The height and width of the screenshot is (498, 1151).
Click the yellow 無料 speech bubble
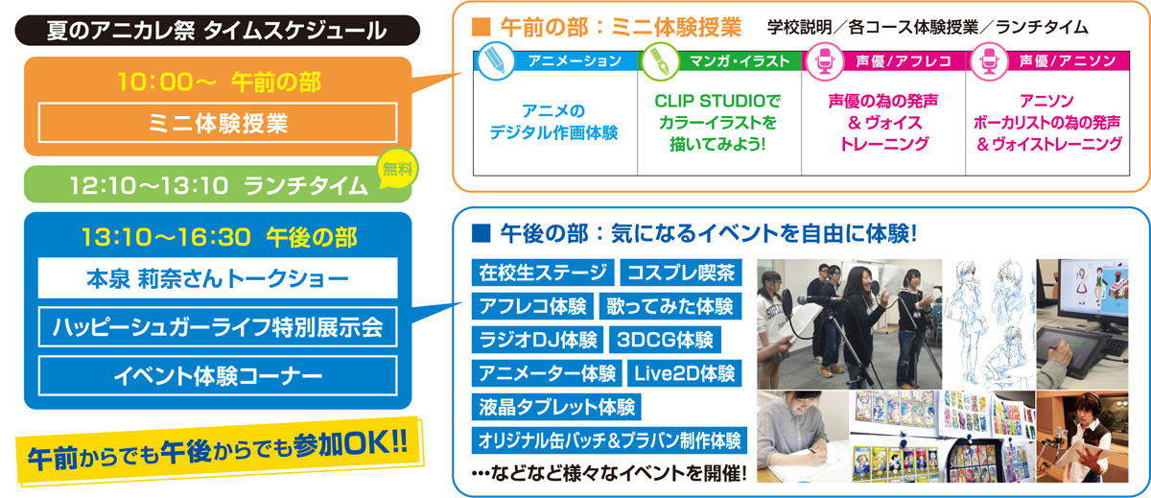click(397, 168)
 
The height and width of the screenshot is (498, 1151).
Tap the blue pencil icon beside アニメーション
click(495, 61)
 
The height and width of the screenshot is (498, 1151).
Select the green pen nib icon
click(660, 61)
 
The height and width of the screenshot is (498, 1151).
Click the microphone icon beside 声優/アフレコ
click(825, 61)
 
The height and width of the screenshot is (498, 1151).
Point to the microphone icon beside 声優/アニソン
click(989, 61)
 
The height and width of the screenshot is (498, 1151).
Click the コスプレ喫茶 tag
click(681, 273)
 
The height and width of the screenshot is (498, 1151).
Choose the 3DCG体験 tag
click(665, 340)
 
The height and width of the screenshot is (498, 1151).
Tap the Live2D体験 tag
click(685, 373)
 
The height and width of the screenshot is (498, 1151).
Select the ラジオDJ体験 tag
click(537, 340)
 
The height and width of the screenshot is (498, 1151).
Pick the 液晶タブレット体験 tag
click(556, 407)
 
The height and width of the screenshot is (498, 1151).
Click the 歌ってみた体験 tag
click(670, 306)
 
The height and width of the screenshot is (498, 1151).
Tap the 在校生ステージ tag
click(543, 273)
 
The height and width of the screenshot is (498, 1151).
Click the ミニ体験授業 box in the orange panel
click(218, 123)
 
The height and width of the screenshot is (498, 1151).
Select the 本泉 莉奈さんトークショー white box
click(218, 278)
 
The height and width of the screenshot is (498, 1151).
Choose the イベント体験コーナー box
click(218, 376)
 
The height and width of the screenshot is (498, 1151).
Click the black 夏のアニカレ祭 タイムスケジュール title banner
click(218, 31)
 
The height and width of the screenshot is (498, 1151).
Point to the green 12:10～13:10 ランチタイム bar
click(218, 184)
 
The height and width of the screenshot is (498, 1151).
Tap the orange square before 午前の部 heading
click(481, 27)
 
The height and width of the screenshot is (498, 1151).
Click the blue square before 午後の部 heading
click(481, 233)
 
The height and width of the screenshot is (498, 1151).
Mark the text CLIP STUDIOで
click(717, 101)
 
